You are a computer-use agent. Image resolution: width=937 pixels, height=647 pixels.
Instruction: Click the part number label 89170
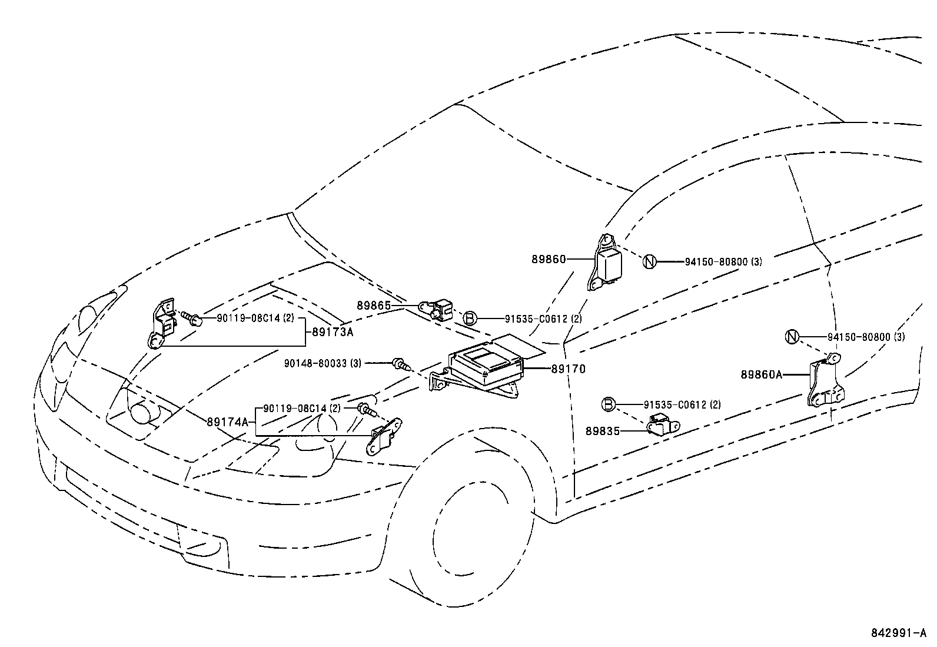click(568, 369)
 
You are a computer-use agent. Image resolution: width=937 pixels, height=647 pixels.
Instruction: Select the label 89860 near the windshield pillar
click(548, 259)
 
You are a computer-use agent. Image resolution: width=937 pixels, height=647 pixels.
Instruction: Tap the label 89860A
click(761, 374)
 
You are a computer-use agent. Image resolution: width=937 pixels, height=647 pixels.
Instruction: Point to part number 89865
click(374, 306)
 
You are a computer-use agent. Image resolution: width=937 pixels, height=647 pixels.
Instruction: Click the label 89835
click(602, 431)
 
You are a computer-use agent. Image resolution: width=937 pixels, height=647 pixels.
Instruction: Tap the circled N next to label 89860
click(649, 261)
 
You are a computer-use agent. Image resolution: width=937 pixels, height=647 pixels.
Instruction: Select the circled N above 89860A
click(793, 337)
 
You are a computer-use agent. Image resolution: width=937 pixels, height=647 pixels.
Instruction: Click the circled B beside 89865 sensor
click(469, 318)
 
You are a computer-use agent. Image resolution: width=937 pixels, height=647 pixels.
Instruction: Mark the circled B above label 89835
click(609, 404)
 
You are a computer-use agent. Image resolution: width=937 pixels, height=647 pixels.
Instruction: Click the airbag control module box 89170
click(486, 364)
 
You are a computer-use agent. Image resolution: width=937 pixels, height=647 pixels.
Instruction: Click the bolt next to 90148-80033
click(400, 364)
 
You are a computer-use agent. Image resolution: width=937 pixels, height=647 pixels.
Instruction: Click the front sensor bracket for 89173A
click(162, 324)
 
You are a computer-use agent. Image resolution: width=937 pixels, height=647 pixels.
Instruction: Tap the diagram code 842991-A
click(897, 633)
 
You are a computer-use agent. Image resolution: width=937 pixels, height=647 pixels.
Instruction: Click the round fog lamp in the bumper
click(142, 412)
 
